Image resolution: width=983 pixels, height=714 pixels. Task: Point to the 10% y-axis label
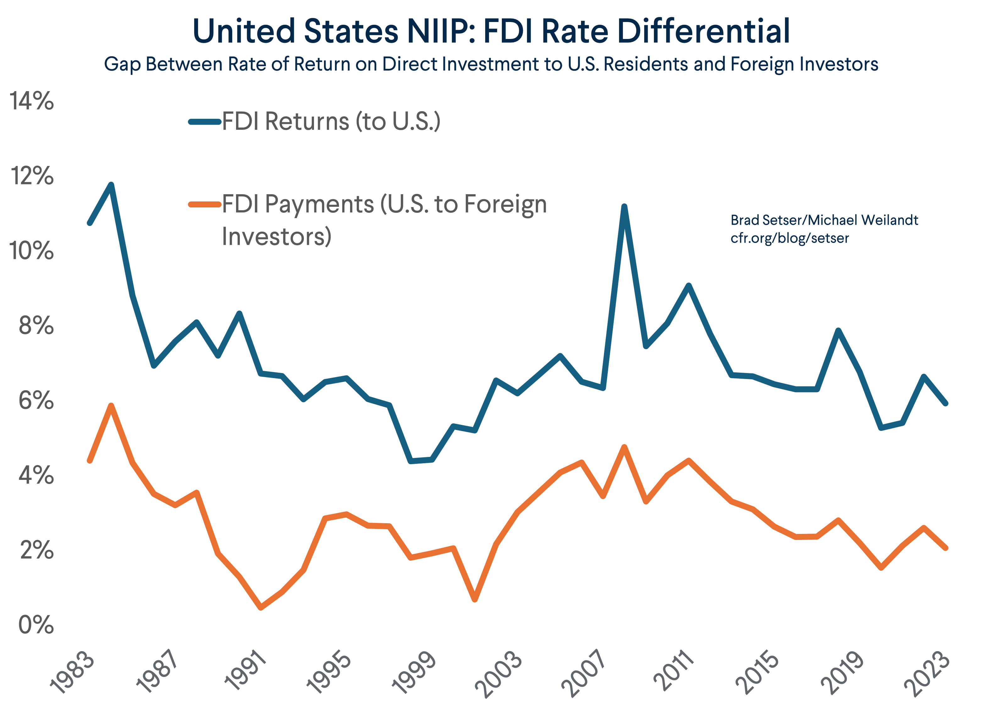pos(32,251)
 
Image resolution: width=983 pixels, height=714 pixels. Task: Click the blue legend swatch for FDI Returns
pos(205,122)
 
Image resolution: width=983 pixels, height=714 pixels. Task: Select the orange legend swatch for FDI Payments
pos(205,204)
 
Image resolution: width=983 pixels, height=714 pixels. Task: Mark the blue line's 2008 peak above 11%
pos(624,207)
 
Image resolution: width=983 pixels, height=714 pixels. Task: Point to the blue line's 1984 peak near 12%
pos(111,185)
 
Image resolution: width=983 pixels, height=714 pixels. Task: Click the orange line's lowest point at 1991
pos(261,608)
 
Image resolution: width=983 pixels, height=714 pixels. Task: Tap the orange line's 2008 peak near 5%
pos(624,447)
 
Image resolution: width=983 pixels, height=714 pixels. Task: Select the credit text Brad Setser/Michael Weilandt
pos(824,220)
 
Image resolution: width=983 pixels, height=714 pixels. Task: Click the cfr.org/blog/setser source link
pos(789,238)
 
